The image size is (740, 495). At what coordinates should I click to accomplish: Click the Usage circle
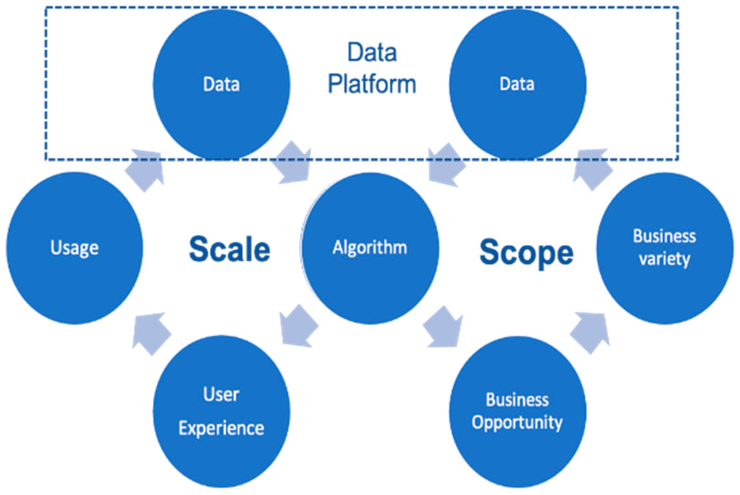tap(75, 248)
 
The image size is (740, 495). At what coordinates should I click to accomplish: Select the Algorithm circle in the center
tap(370, 248)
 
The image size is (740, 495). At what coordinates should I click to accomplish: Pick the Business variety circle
tap(665, 248)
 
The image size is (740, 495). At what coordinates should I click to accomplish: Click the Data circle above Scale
tap(221, 84)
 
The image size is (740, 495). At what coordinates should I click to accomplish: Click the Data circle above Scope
tap(517, 84)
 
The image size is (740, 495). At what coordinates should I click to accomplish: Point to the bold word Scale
tap(230, 249)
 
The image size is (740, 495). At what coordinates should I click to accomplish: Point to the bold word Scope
tap(526, 252)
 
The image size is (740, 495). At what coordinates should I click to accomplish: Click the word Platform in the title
tap(372, 84)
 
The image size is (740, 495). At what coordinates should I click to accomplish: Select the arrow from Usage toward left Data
tap(146, 169)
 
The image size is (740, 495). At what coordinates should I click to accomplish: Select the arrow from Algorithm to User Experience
tap(298, 326)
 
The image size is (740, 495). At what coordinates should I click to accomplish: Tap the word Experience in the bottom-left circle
tap(221, 429)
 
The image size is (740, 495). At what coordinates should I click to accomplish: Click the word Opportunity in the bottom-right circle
tap(517, 422)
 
